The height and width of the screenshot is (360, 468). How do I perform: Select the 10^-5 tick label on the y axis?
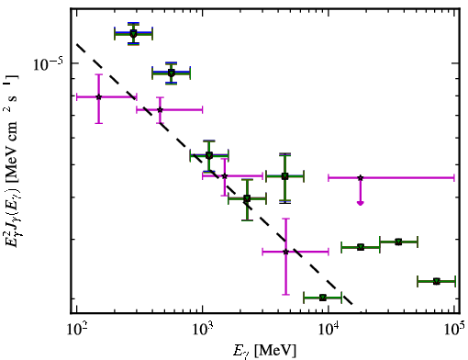[x=48, y=63]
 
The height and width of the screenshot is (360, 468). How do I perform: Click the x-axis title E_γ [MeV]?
[x=264, y=351]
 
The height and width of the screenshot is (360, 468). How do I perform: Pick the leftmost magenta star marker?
[x=98, y=96]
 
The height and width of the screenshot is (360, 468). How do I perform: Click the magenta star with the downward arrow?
[x=361, y=177]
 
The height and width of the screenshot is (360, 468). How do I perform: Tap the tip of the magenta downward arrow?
[x=361, y=205]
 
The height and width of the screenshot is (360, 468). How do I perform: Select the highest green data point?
[x=133, y=34]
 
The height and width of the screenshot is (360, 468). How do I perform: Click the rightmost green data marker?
[x=437, y=281]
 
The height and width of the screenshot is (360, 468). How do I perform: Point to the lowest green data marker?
[x=323, y=298]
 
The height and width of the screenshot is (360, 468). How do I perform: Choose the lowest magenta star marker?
[x=285, y=252]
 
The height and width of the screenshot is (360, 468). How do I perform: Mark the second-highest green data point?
[x=172, y=73]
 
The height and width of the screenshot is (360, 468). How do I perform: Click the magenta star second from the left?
[x=160, y=109]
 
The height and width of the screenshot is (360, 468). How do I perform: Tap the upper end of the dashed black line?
[x=77, y=44]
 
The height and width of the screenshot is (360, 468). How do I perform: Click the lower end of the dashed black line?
[x=352, y=304]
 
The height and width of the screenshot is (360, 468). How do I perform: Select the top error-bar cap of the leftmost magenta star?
[x=98, y=74]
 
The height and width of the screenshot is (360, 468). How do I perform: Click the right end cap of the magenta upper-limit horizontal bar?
[x=454, y=177]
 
